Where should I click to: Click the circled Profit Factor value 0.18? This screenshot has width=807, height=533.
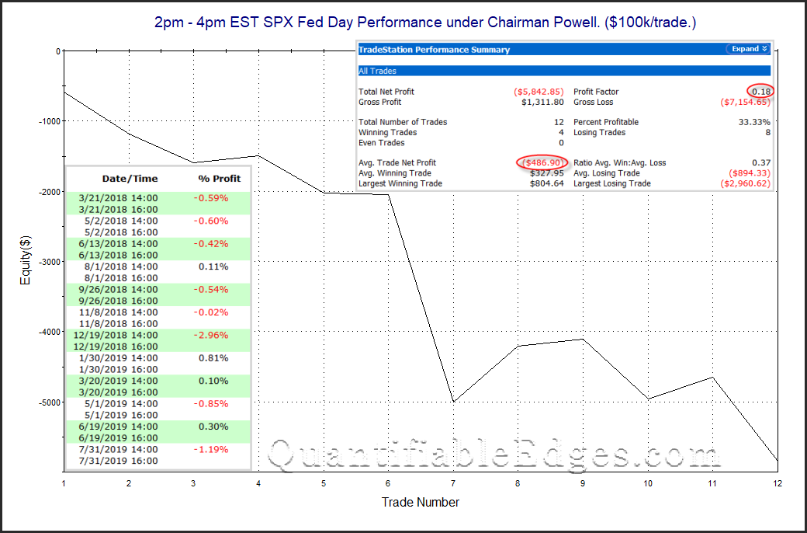point(761,92)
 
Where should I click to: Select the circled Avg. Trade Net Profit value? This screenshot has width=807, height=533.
point(542,163)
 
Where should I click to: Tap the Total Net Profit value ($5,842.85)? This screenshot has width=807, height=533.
point(539,92)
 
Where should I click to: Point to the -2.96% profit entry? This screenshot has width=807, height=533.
point(210,335)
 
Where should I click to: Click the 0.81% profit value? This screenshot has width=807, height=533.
point(213,357)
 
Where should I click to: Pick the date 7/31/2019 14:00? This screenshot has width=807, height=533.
point(119,450)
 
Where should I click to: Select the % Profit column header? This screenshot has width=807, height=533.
point(220,179)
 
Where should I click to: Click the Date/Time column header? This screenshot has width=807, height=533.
point(130,179)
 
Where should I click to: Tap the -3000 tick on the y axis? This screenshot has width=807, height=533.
point(49,261)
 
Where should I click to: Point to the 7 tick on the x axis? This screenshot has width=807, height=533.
point(453,483)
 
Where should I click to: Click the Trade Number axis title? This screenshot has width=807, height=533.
point(421,502)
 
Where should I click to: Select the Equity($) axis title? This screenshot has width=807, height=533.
point(25,260)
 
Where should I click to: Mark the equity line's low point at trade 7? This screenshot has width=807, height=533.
point(453,401)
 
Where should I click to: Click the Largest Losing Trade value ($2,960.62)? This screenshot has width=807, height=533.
point(745,183)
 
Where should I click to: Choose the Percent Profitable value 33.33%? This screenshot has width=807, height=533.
point(753,122)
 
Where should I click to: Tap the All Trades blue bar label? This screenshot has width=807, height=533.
point(377,71)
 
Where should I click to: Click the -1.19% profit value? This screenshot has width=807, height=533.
point(210,450)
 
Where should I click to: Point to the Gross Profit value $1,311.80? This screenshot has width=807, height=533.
point(542,102)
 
